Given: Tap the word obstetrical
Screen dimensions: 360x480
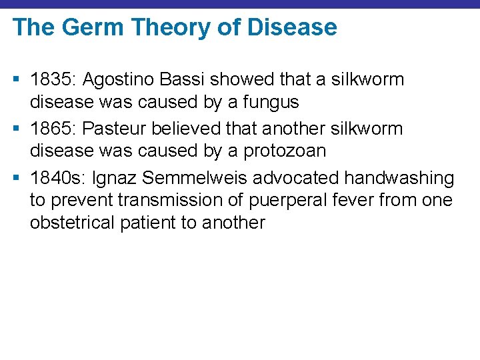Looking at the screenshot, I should [x=72, y=223].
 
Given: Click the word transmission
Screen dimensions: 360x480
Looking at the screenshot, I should [x=155, y=200].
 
